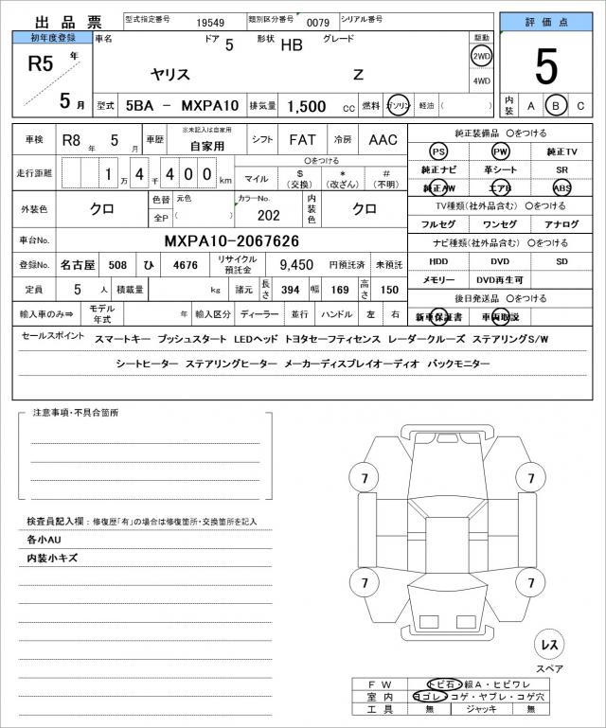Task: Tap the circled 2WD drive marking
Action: (x=482, y=56)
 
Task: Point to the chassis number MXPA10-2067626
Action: (x=232, y=241)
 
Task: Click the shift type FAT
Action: (x=302, y=140)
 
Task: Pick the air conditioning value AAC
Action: (x=383, y=140)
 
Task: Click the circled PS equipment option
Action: (x=437, y=151)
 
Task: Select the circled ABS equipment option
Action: (x=561, y=187)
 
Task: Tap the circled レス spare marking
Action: (x=548, y=645)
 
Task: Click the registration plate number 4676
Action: (x=186, y=266)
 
